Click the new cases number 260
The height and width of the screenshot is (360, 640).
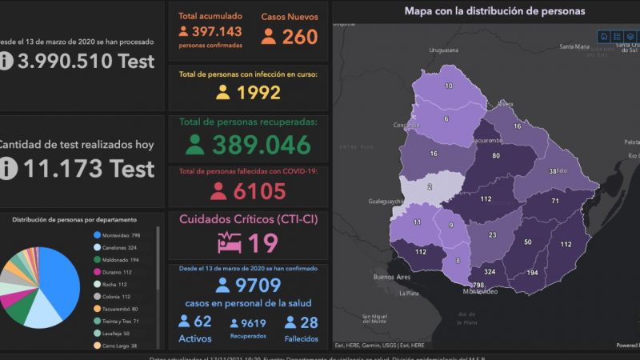tap(300, 37)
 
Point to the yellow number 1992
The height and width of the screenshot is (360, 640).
tap(258, 92)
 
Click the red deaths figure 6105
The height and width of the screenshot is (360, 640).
tap(259, 191)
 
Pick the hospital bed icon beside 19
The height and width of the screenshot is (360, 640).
tap(229, 242)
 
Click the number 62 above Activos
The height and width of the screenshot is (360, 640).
tap(202, 322)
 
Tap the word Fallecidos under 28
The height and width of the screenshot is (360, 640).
tap(302, 338)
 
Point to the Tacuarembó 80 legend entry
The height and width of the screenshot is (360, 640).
tap(121, 308)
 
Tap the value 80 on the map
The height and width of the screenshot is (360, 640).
tap(496, 155)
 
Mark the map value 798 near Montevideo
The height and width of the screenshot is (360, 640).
tap(478, 285)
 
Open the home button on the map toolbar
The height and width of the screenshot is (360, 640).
tap(604, 36)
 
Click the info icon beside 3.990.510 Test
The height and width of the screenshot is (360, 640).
tap(6, 60)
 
